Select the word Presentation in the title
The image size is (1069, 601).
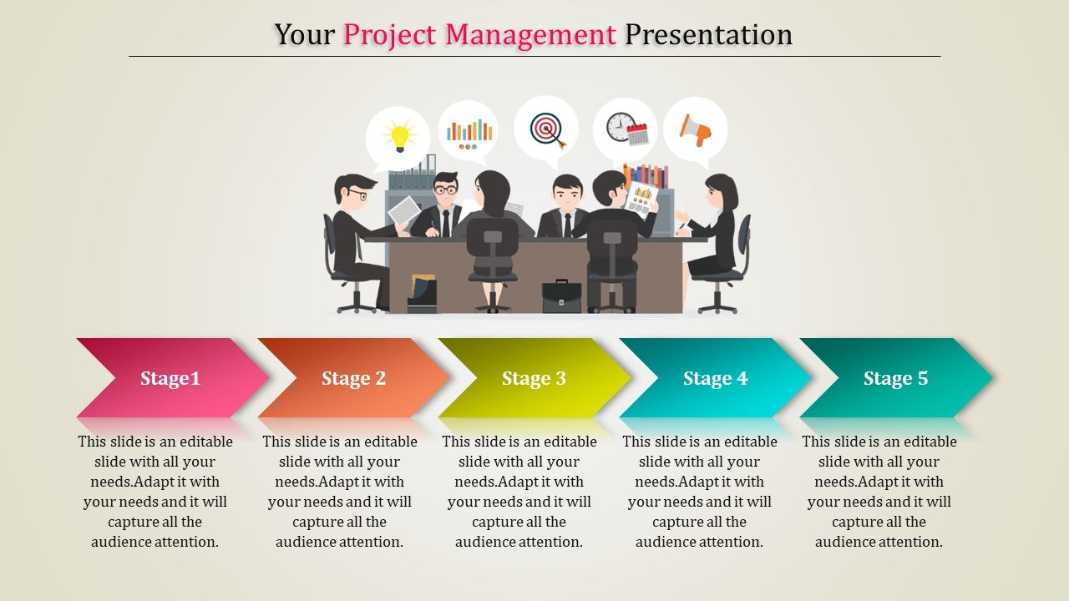[x=708, y=35]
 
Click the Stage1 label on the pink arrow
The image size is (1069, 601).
[x=170, y=378]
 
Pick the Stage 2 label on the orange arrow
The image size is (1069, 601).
[x=353, y=378]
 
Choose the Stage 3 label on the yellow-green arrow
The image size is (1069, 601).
[x=534, y=378]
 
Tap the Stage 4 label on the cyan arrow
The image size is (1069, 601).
[x=715, y=378]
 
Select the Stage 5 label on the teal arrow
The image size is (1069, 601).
[x=895, y=378]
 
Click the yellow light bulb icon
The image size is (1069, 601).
[x=399, y=135]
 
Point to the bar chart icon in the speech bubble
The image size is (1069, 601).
[x=469, y=133]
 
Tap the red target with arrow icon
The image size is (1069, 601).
[x=547, y=129]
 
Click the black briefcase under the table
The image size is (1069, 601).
[x=561, y=296]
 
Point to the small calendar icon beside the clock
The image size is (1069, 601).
[x=638, y=134]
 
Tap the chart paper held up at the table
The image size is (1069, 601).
[x=641, y=199]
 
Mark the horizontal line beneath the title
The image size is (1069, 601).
[x=534, y=57]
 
